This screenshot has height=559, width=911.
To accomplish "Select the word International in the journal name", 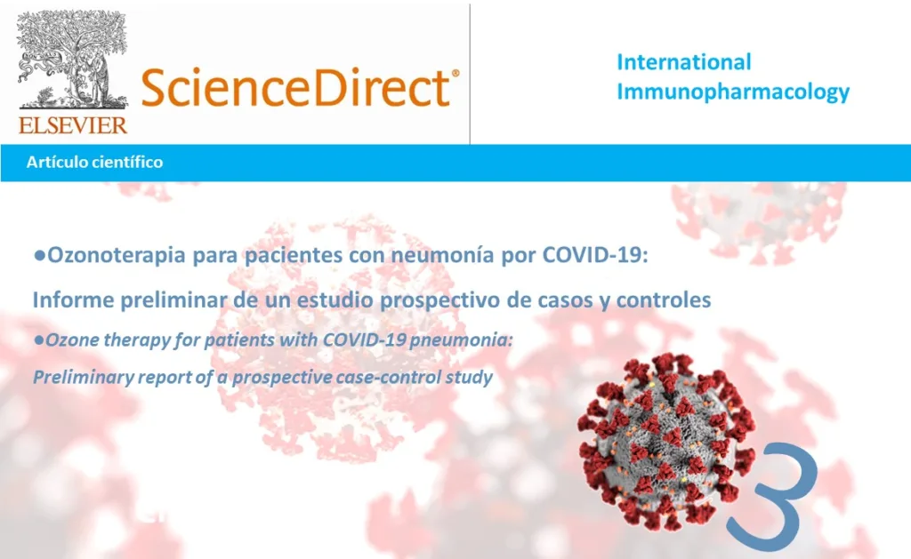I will coord(683,62).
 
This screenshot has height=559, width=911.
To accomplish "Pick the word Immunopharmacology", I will coord(733,91).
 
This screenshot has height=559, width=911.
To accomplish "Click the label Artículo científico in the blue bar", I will coord(94,163).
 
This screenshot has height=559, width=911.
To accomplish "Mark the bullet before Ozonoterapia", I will coord(38,256).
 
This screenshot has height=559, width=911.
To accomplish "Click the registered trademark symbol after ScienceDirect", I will coord(455,76).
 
